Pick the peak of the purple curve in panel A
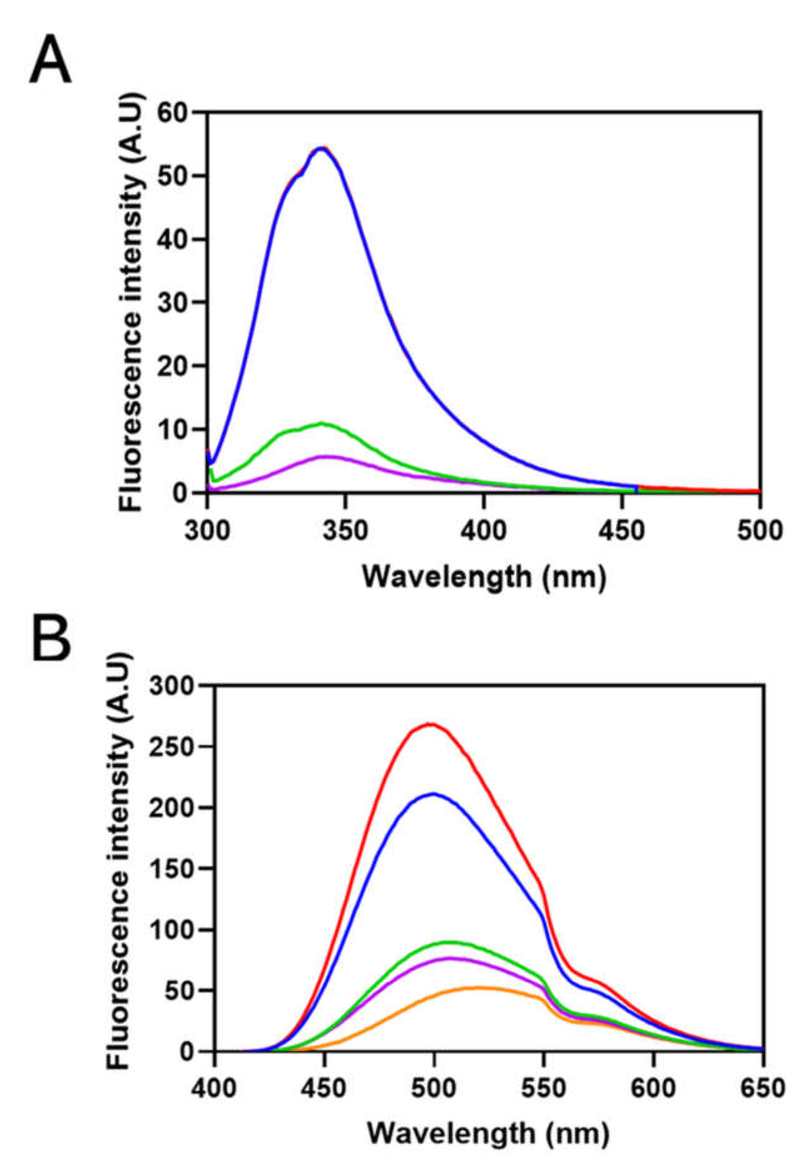click(325, 456)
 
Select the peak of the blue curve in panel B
click(433, 793)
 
